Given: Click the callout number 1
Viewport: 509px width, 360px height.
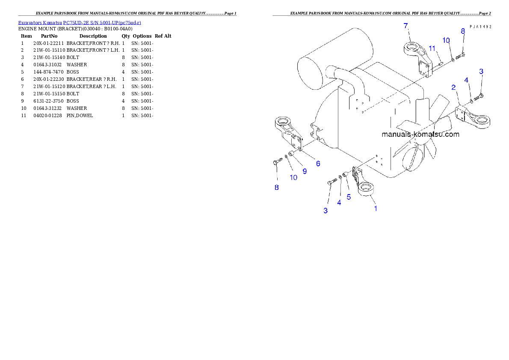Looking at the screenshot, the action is point(376,209).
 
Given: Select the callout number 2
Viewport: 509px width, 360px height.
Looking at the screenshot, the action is point(453,88).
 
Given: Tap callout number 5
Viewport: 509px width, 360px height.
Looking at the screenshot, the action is point(349,197).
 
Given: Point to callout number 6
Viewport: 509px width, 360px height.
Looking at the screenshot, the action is point(318,163).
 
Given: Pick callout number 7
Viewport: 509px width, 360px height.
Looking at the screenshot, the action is point(406,26).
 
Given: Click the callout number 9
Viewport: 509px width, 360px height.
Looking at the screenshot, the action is point(305,171).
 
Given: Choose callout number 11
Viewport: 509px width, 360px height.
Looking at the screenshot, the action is point(432,48).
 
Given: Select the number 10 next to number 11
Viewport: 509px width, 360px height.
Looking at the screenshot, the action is point(446,40).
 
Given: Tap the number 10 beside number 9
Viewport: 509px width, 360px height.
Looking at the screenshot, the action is point(293,177).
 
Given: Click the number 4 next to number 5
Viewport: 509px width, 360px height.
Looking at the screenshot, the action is point(339,203).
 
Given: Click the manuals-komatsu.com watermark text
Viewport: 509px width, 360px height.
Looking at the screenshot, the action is point(420,134).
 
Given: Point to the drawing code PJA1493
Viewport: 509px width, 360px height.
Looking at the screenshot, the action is point(480,27).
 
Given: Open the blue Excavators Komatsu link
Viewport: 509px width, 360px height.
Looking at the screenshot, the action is point(80,22).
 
